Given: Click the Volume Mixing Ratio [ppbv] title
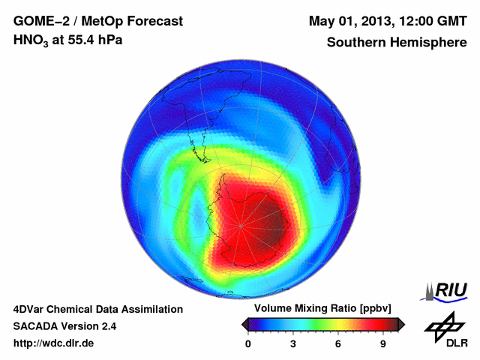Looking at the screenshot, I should point(319,308).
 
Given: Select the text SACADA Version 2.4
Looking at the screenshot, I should point(64,326).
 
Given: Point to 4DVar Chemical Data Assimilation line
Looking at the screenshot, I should point(97,309).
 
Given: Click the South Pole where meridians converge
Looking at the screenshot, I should point(241,225).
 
